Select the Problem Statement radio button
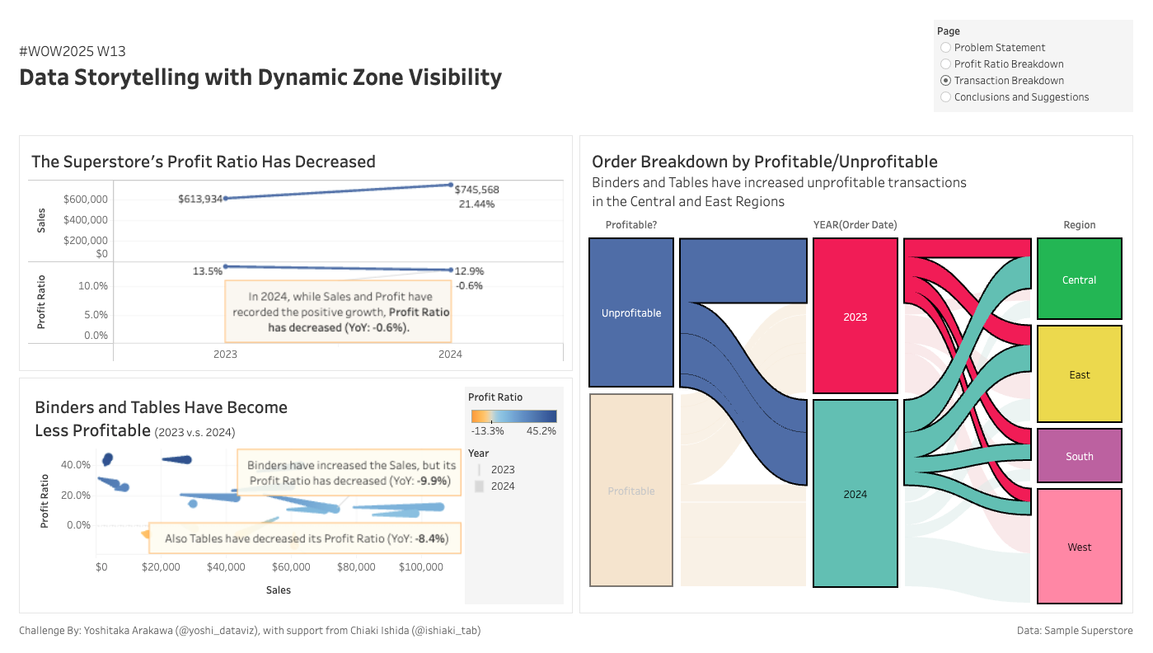pos(946,48)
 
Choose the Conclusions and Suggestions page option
pos(946,97)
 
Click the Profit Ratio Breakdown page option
pos(946,64)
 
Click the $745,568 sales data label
pos(476,190)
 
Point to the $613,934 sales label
pos(200,199)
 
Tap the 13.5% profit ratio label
pos(208,271)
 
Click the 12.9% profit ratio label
pos(469,270)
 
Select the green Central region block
pos(1079,280)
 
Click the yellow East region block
pos(1079,374)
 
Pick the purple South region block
pos(1079,456)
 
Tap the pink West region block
pos(1079,547)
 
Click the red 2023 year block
pos(855,316)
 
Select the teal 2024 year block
pos(855,494)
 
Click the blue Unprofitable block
pos(631,312)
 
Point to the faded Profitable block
pos(631,491)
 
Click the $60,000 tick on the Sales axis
pos(291,567)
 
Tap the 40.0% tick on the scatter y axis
pos(76,465)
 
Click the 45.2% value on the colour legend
pos(541,430)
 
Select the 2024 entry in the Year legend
pos(502,486)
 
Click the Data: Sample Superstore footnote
pos(1075,631)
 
